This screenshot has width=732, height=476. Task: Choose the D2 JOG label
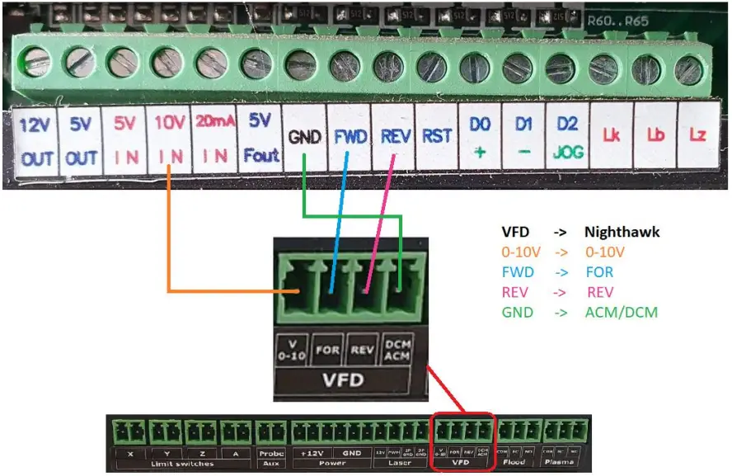pyautogui.click(x=567, y=142)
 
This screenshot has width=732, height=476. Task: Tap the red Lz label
pyautogui.click(x=697, y=136)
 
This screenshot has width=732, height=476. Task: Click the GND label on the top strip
pyautogui.click(x=304, y=138)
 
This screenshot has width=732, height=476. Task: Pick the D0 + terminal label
pyautogui.click(x=480, y=142)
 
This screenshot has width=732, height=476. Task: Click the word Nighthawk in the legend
pyautogui.click(x=622, y=232)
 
